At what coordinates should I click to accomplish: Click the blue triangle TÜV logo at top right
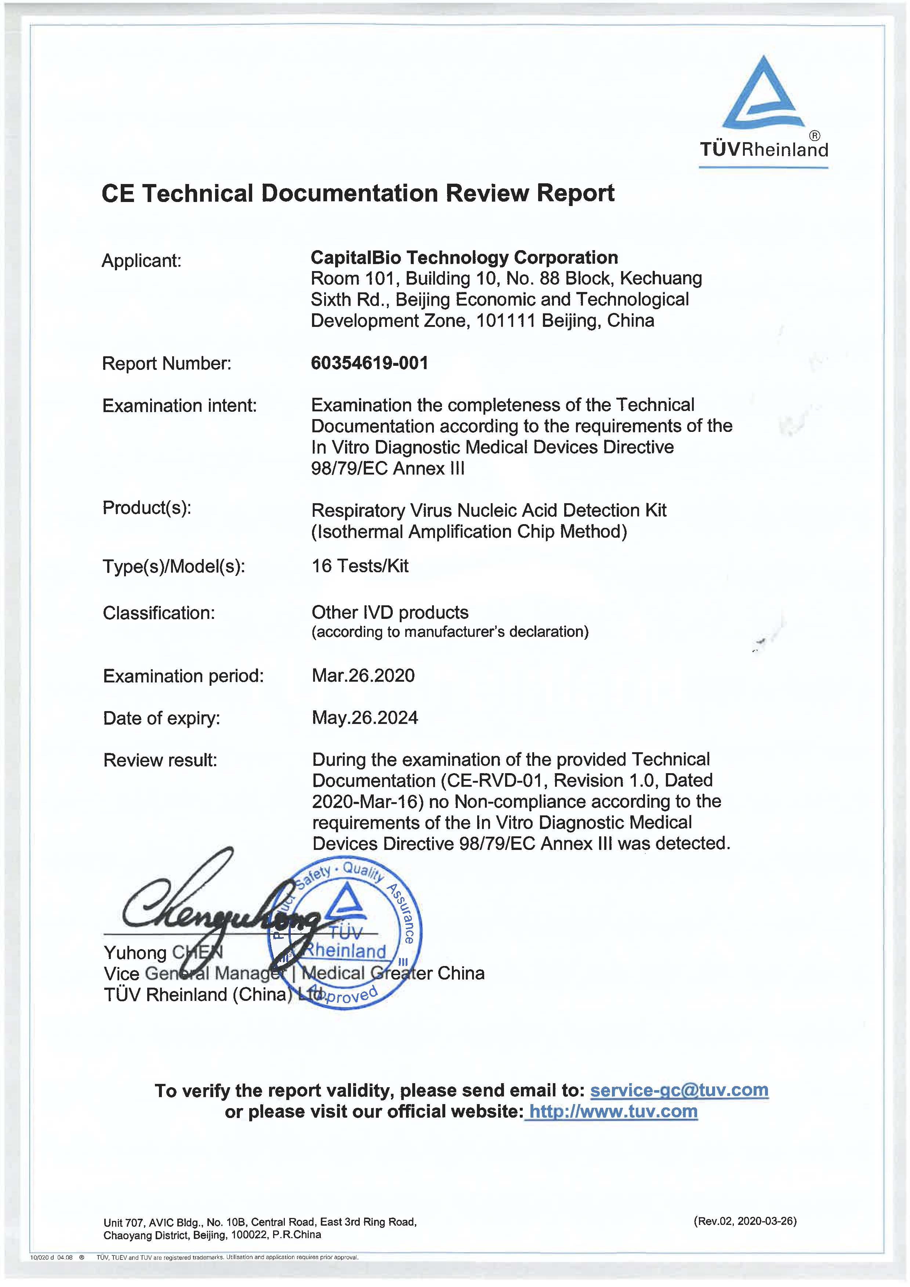763,94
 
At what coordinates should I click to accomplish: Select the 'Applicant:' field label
141,261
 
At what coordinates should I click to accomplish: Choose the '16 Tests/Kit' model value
360,566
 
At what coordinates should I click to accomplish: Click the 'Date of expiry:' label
162,718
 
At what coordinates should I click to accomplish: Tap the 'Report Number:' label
166,363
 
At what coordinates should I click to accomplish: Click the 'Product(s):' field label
147,508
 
